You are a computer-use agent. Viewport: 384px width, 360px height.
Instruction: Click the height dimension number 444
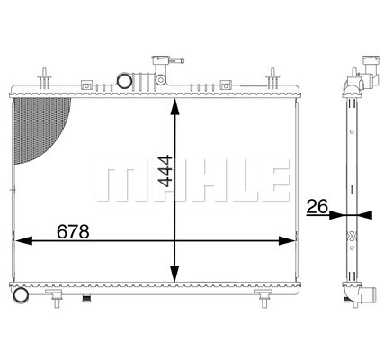(x=165, y=171)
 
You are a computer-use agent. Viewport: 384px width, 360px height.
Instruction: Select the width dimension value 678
(x=73, y=232)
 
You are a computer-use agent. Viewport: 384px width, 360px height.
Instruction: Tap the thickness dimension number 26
(x=317, y=207)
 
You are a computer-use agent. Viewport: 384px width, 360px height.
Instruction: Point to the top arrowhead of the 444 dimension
(x=174, y=106)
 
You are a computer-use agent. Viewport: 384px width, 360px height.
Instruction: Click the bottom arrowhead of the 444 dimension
(x=174, y=274)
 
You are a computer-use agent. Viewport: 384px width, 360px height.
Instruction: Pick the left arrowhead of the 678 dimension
(x=23, y=240)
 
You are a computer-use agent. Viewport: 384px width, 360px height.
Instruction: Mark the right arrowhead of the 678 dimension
(x=287, y=240)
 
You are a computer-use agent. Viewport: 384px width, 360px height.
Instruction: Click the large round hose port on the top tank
(x=124, y=81)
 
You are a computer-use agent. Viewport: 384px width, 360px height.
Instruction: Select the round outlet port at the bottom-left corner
(x=21, y=295)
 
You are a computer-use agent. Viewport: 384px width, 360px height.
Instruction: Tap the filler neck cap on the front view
(x=161, y=60)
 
